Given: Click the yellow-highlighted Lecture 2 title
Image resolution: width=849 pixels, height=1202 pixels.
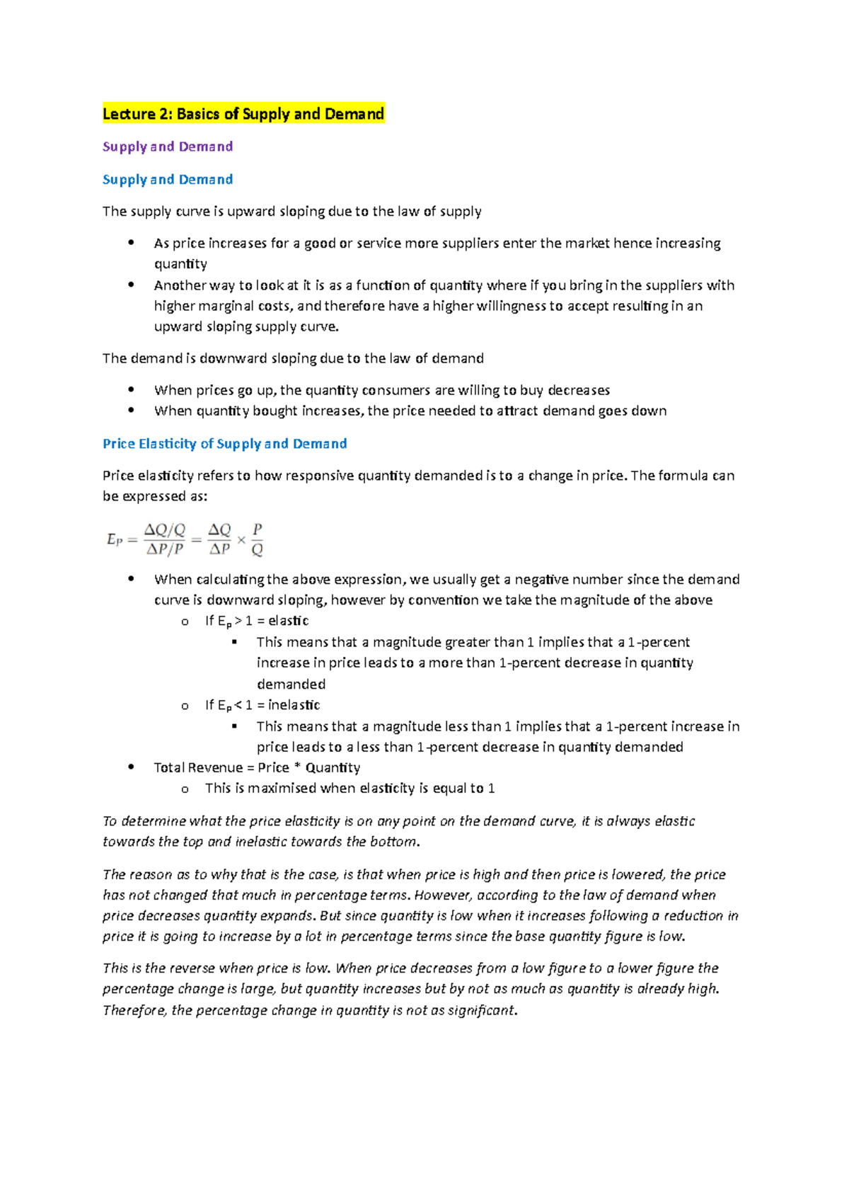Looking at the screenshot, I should tap(243, 114).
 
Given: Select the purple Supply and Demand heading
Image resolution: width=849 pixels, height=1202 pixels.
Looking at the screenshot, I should tap(168, 147).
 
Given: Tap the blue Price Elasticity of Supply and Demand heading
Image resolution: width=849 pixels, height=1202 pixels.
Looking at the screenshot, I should tap(225, 444).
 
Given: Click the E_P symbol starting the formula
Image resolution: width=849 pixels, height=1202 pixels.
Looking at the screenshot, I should tap(115, 539).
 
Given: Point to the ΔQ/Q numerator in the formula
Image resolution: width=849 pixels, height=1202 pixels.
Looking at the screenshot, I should tap(165, 530).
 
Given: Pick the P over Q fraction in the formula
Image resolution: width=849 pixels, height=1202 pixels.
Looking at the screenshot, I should tap(258, 539).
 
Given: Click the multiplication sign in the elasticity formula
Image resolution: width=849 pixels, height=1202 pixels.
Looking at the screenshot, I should tap(241, 540).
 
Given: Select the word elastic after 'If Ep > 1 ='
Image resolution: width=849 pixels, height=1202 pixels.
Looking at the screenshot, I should tap(289, 621).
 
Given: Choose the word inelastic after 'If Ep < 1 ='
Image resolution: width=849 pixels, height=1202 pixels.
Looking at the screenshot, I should tap(294, 705).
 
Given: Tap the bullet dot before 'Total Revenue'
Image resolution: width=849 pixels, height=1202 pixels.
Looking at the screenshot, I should tap(131, 767).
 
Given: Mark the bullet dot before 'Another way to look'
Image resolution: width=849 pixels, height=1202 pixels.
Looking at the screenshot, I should tap(131, 285).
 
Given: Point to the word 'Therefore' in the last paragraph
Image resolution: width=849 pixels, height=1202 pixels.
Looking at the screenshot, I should tap(134, 1011).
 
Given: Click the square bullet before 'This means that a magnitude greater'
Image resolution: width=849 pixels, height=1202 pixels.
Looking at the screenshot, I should tap(235, 642).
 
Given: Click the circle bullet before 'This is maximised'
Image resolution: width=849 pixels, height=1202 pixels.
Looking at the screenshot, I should tap(185, 789).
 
